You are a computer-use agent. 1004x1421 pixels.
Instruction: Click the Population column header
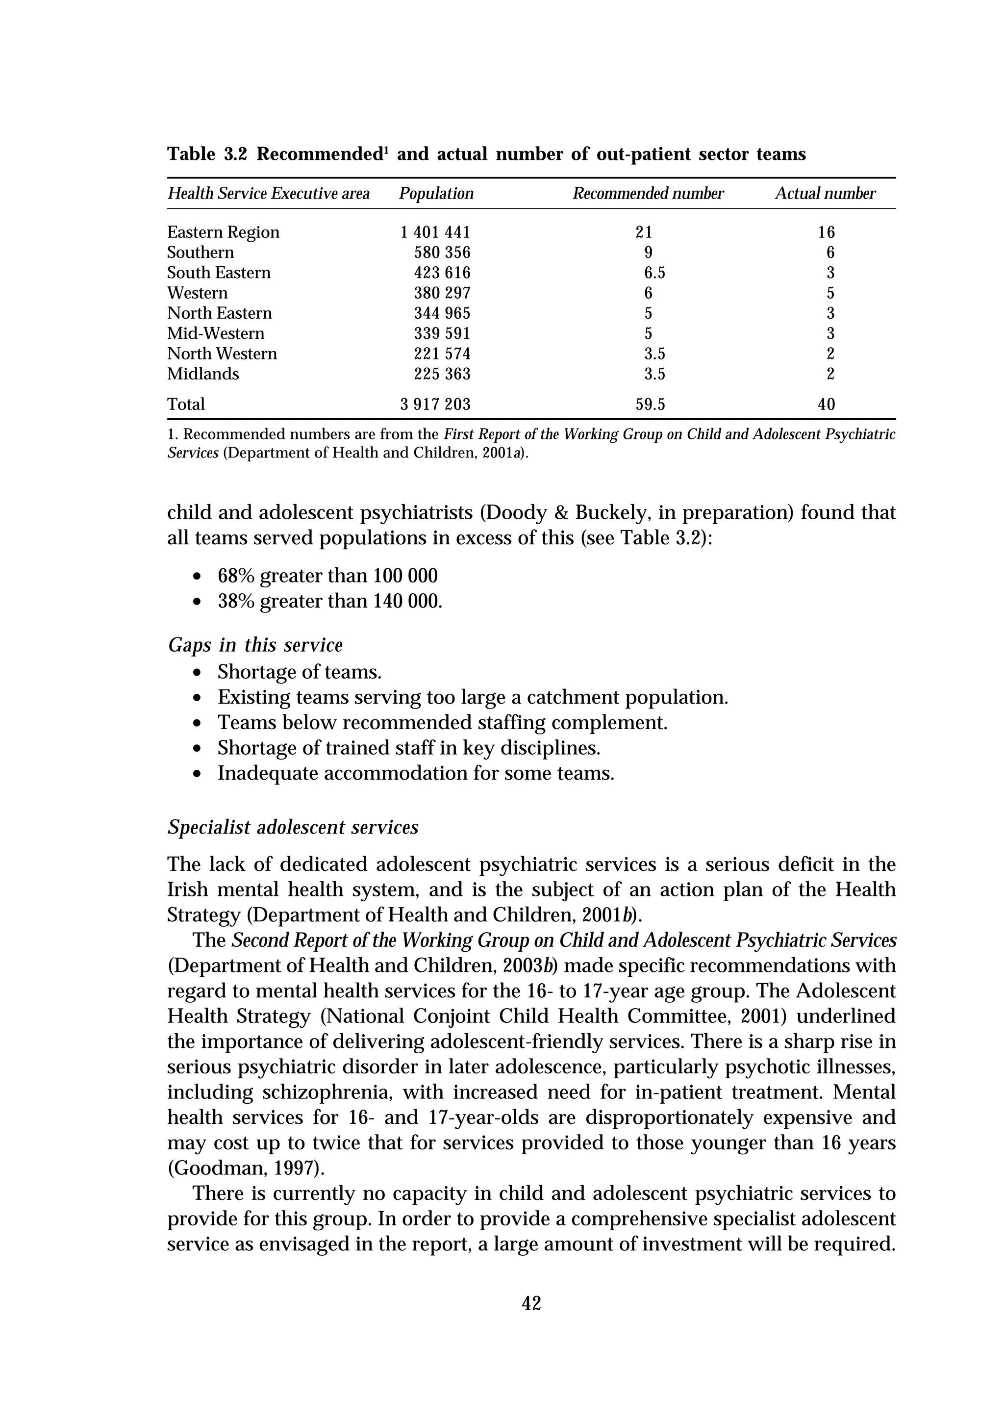tap(436, 194)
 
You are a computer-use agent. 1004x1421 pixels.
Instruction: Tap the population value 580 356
tap(442, 253)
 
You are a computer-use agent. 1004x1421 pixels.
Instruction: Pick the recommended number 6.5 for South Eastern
tap(654, 273)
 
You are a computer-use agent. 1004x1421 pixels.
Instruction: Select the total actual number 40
tap(826, 405)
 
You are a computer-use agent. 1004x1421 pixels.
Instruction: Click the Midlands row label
tap(202, 374)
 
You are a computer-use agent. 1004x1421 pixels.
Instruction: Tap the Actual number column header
tap(825, 194)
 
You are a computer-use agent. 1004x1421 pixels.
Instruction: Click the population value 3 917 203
tap(435, 405)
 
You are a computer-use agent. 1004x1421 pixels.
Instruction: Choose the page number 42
tap(531, 1304)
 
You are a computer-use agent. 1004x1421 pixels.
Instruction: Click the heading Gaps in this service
tap(255, 645)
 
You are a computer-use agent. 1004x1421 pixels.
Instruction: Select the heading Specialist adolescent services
tap(293, 828)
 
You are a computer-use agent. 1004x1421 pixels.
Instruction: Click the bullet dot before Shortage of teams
tap(197, 673)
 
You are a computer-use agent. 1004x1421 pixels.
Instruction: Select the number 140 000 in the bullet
tap(406, 602)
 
